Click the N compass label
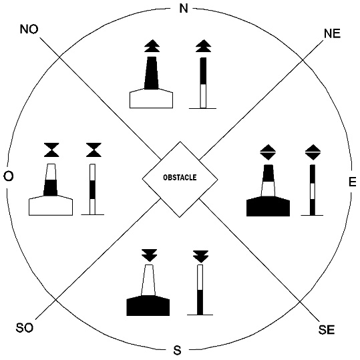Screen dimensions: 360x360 [x=184, y=9]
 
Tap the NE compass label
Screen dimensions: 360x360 [x=332, y=33]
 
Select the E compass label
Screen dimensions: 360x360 [x=353, y=182]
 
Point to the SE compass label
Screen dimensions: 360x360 [x=327, y=330]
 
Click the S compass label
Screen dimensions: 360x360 [x=177, y=351]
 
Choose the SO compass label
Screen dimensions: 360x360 [x=25, y=328]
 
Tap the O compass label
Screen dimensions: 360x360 [x=9, y=176]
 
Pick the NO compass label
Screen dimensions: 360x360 [x=29, y=29]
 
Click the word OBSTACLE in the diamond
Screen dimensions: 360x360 [x=180, y=178]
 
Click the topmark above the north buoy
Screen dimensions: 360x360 [x=152, y=46]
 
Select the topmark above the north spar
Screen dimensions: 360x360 [x=203, y=46]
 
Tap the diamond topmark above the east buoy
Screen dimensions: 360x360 [x=268, y=152]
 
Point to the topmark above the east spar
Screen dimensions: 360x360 [x=313, y=152]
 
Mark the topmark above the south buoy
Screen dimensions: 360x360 [x=150, y=255]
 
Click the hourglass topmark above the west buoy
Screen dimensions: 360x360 [x=51, y=150]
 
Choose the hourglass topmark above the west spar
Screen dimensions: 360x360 [x=94, y=150]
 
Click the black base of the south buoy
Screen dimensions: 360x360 [x=148, y=306]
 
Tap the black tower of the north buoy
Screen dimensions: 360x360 [x=152, y=73]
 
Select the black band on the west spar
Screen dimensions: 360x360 [x=92, y=190]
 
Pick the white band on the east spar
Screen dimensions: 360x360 [x=313, y=191]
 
